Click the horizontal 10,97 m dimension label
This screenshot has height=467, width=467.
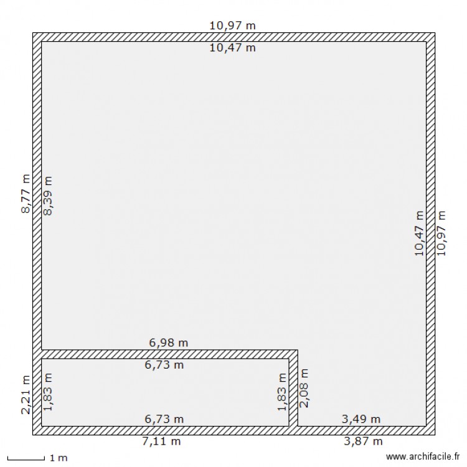(x=233, y=26)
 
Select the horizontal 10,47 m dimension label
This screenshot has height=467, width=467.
(x=233, y=47)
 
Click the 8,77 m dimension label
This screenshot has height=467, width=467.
(x=26, y=194)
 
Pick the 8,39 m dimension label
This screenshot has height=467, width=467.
(x=48, y=196)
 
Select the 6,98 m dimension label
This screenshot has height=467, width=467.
(x=169, y=342)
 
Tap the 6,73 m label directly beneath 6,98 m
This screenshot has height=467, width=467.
(x=164, y=365)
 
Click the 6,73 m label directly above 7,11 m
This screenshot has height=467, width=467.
(x=164, y=419)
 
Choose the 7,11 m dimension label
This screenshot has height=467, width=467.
(x=162, y=441)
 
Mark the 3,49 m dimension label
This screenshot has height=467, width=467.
(x=361, y=419)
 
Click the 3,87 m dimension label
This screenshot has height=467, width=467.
(x=362, y=441)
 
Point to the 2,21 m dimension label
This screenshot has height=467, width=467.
(x=26, y=395)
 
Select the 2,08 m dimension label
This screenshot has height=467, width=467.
(x=304, y=388)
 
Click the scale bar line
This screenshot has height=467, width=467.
(x=26, y=460)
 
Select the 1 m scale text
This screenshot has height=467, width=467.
(x=58, y=458)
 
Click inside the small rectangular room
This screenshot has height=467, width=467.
(x=164, y=392)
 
